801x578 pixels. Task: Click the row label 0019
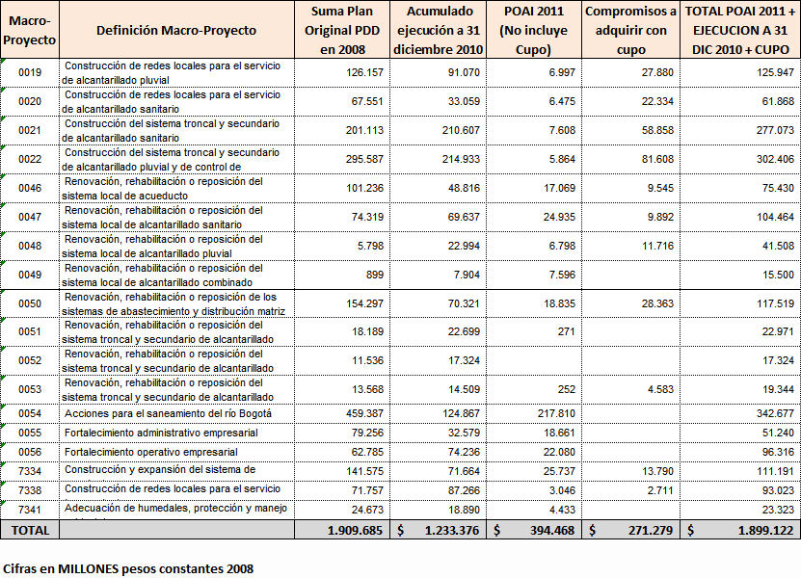click(30, 73)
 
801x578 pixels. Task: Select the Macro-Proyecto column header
click(30, 30)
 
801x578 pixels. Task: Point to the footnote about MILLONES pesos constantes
click(129, 568)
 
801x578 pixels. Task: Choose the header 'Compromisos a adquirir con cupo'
click(631, 30)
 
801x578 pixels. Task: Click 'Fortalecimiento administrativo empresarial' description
click(161, 433)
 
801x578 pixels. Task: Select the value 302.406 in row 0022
click(767, 159)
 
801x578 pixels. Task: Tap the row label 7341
click(30, 509)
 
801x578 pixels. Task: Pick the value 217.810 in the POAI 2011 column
click(553, 413)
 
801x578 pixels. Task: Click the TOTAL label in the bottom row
click(30, 530)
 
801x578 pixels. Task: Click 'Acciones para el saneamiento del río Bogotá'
click(168, 413)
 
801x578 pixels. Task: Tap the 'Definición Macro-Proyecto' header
click(176, 30)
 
